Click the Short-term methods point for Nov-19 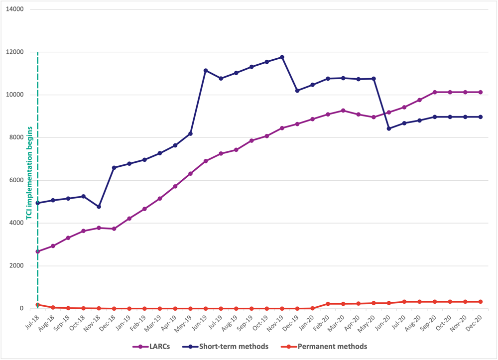click(282, 57)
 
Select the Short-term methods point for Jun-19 click(206, 71)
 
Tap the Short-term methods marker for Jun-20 click(389, 128)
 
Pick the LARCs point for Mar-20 click(343, 111)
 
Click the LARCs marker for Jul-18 click(38, 251)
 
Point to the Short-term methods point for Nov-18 click(99, 207)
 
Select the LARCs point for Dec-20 click(481, 92)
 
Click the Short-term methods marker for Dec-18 click(114, 168)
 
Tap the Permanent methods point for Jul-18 click(38, 305)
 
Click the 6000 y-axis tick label click(18, 180)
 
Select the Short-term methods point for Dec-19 click(297, 91)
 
